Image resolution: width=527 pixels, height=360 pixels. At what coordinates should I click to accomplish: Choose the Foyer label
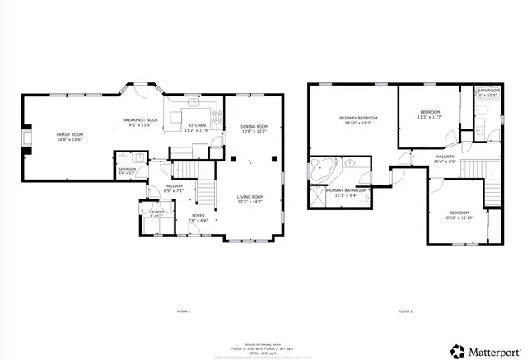(x=198, y=217)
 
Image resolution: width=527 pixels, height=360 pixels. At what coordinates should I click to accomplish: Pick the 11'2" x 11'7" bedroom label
(x=431, y=115)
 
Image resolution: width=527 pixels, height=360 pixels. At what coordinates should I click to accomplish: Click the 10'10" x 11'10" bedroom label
(x=459, y=215)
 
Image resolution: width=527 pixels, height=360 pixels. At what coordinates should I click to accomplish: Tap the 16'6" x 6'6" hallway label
(x=445, y=158)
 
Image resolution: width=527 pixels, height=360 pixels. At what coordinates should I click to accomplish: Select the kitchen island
(x=178, y=119)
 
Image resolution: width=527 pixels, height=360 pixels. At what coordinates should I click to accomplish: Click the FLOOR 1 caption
(x=183, y=311)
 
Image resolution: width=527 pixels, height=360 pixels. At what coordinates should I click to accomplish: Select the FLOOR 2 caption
(x=405, y=311)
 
